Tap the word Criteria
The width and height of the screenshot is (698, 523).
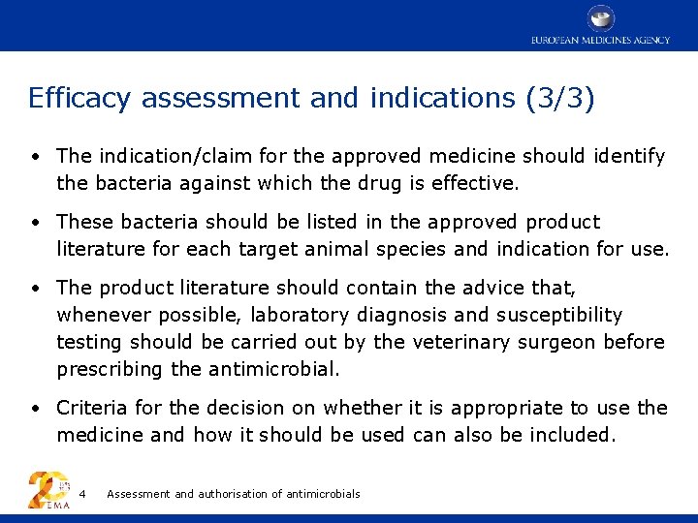(x=92, y=408)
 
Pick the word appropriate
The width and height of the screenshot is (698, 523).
(x=506, y=408)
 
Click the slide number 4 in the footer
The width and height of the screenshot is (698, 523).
(x=82, y=494)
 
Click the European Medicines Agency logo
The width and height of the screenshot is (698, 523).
(x=600, y=25)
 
